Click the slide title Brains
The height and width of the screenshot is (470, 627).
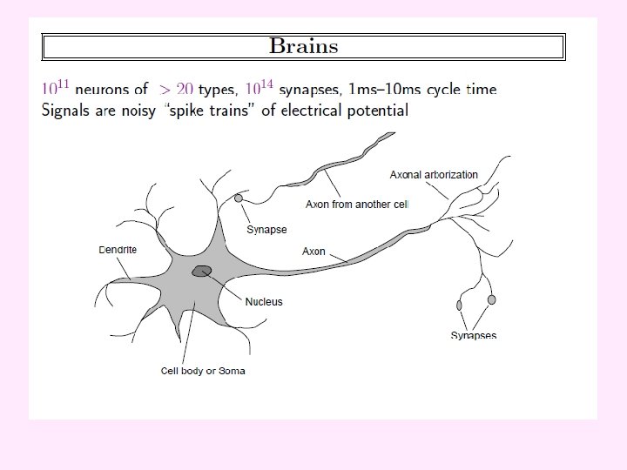tap(303, 45)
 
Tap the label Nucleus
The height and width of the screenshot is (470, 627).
tap(264, 302)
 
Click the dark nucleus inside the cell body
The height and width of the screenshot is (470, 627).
tap(203, 272)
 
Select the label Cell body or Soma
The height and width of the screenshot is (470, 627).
tap(203, 371)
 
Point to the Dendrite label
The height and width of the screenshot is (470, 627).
tap(118, 250)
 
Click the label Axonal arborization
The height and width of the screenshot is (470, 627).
tap(434, 175)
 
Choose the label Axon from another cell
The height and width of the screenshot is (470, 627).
tap(357, 205)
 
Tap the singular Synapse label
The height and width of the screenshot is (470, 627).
tap(266, 230)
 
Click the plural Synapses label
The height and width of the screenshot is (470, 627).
tap(474, 335)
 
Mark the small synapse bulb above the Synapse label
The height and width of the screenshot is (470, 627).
tap(239, 199)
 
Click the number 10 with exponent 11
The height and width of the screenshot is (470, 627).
tap(57, 88)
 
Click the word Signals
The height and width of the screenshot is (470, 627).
tap(70, 111)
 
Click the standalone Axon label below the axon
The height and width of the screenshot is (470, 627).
tap(313, 252)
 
